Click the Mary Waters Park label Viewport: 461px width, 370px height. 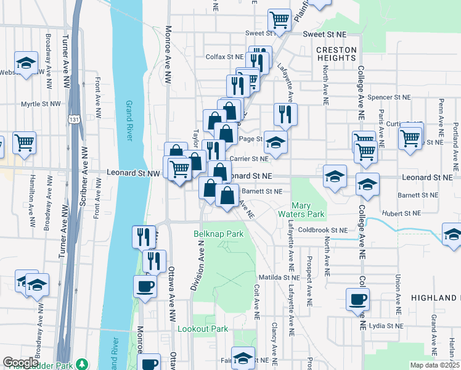pos(307,208)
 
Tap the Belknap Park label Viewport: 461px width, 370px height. pos(219,234)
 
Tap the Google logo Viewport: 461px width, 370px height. pos(21,362)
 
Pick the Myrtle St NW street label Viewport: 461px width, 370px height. pos(42,104)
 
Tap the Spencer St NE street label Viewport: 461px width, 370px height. pos(388,97)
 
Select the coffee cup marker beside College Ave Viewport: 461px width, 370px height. pos(358,300)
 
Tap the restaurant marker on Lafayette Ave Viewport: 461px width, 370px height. pos(285,113)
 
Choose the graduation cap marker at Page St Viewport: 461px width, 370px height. pos(275,142)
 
